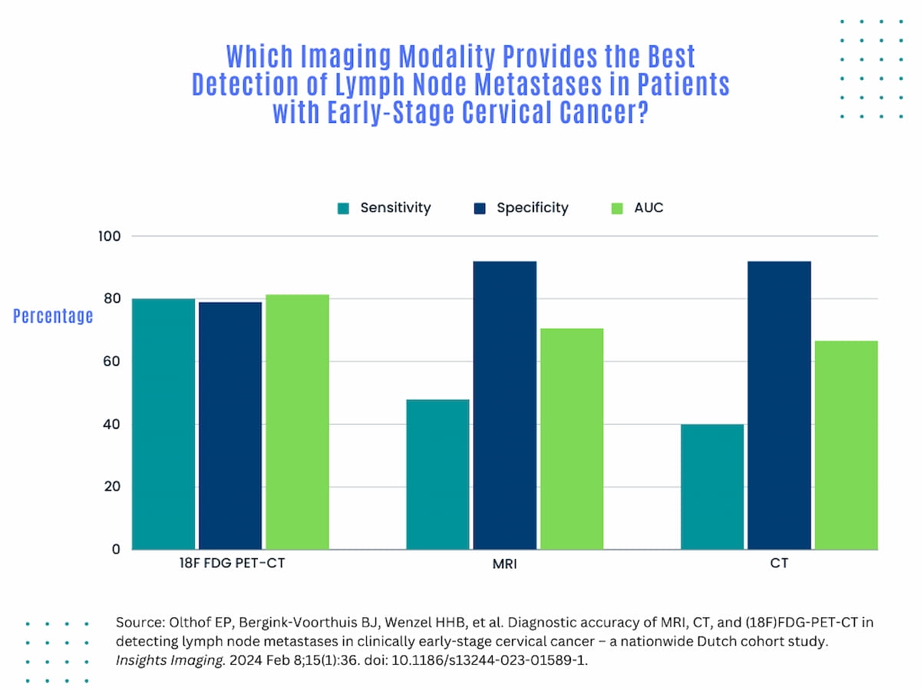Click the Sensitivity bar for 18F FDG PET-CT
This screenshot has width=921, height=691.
[x=163, y=424]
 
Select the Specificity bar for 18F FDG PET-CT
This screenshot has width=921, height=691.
[x=230, y=426]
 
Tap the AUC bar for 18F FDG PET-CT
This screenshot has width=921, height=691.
[x=297, y=422]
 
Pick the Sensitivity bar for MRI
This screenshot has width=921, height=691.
[x=437, y=474]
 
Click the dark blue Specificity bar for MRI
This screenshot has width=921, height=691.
[x=504, y=405]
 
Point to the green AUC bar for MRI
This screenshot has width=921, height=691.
[x=571, y=439]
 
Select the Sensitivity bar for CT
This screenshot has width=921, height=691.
[x=712, y=487]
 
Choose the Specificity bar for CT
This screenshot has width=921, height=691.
[x=779, y=405]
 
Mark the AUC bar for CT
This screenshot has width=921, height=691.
[x=846, y=445]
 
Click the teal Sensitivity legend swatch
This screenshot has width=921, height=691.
[x=343, y=208]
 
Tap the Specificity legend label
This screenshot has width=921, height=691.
[x=532, y=208]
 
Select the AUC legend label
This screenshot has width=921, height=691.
[x=649, y=208]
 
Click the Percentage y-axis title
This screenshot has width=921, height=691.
[x=53, y=316]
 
